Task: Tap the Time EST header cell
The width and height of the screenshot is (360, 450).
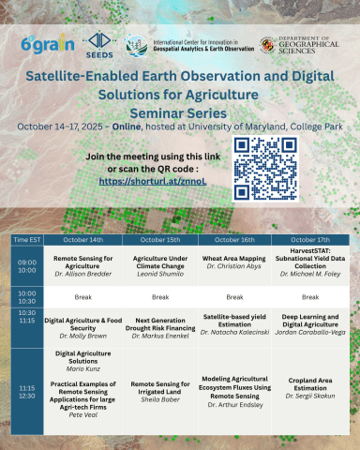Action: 26,240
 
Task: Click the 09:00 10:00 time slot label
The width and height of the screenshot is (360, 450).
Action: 26,266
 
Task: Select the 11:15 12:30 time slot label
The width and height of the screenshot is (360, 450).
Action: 26,393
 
